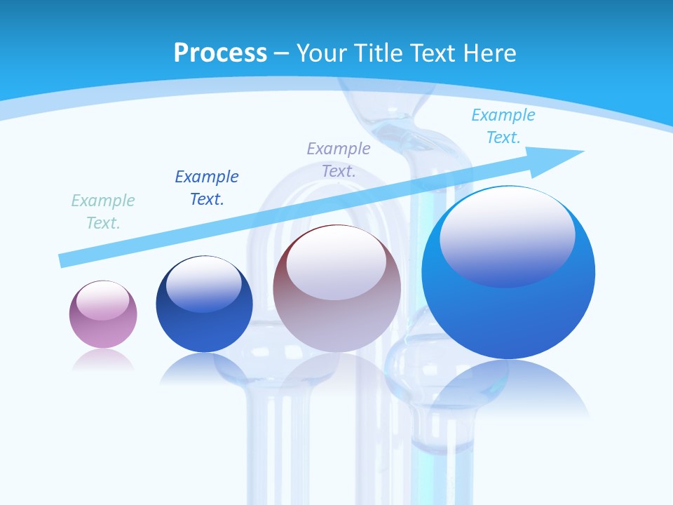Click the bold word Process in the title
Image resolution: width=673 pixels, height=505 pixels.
pyautogui.click(x=220, y=53)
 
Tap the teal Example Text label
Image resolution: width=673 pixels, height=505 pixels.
pyautogui.click(x=103, y=212)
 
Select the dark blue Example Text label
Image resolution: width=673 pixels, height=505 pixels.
pyautogui.click(x=207, y=188)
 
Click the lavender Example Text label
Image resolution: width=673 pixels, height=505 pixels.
pyautogui.click(x=339, y=159)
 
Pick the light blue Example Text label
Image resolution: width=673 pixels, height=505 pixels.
pyautogui.click(x=503, y=126)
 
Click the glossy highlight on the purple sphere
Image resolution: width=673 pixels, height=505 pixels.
pyautogui.click(x=103, y=300)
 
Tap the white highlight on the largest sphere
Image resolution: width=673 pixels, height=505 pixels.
pyautogui.click(x=507, y=235)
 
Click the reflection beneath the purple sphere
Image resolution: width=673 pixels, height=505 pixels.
pyautogui.click(x=103, y=360)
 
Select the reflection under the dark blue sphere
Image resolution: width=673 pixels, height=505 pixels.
pyautogui.click(x=203, y=368)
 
